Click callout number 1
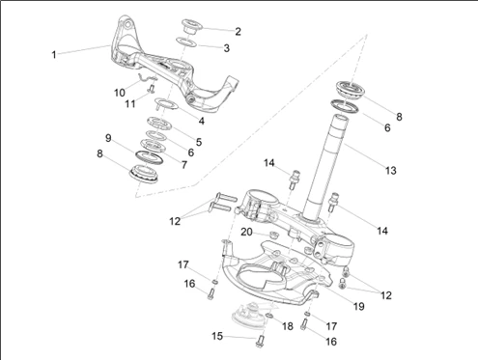54,55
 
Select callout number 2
238,32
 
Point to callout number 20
246,232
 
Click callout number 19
358,306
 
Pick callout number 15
217,336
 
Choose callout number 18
288,326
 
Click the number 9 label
108,138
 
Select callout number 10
120,93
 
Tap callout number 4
202,121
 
